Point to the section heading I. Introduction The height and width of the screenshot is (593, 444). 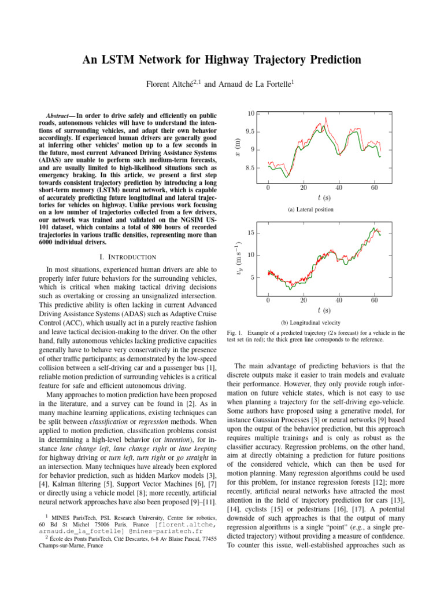click(125, 257)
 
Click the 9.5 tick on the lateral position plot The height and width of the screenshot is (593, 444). click(250, 131)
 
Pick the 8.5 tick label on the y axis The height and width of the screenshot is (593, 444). click(250, 169)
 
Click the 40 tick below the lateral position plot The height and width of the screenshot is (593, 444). click(339, 188)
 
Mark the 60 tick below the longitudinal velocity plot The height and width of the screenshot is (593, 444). click(375, 300)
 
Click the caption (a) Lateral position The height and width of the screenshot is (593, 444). click(310, 210)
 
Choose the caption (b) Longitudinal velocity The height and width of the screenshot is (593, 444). click(310, 322)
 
